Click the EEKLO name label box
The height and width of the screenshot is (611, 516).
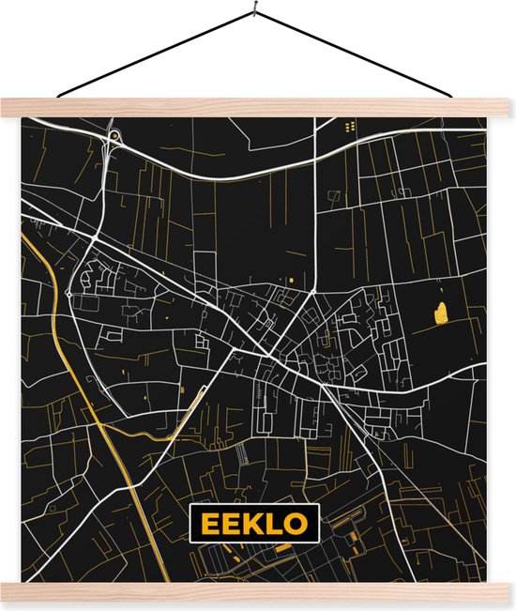click(x=253, y=523)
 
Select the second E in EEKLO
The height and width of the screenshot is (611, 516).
click(x=229, y=524)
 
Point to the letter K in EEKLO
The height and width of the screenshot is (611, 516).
click(x=253, y=524)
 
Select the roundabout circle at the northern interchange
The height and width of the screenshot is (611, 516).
click(x=114, y=138)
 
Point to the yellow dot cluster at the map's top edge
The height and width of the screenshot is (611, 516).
click(x=350, y=125)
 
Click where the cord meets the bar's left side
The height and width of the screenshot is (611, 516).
click(x=58, y=96)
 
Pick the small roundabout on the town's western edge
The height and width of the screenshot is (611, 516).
click(x=68, y=293)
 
